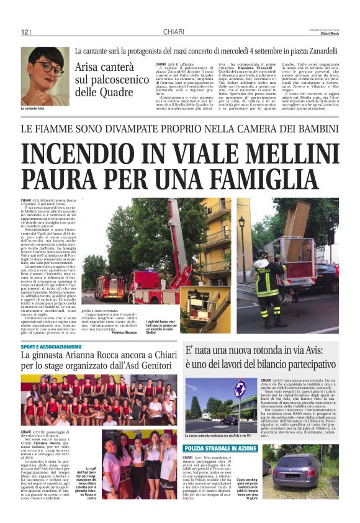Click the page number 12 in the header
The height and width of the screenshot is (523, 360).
[x=25, y=32]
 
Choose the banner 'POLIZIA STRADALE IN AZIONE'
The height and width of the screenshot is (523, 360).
[x=221, y=448]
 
